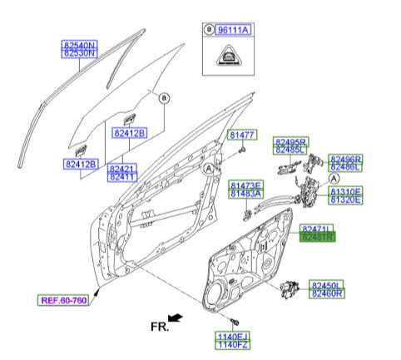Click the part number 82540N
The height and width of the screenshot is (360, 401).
pyautogui.click(x=81, y=42)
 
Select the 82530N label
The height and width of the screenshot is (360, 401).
pyautogui.click(x=81, y=52)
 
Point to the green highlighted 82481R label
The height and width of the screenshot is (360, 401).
pyautogui.click(x=316, y=237)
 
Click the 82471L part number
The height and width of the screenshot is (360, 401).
pyautogui.click(x=316, y=227)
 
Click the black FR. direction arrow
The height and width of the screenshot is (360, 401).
pyautogui.click(x=174, y=318)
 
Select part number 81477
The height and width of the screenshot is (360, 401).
pyautogui.click(x=243, y=134)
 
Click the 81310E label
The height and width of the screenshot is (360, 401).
pyautogui.click(x=344, y=190)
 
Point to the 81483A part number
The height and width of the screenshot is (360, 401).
pyautogui.click(x=246, y=194)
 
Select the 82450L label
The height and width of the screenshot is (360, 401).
pyautogui.click(x=326, y=284)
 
